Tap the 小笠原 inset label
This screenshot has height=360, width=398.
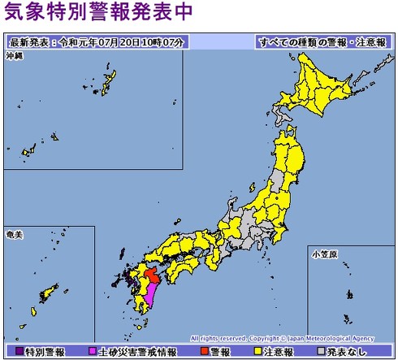322,253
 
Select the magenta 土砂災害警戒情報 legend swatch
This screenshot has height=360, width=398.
93,352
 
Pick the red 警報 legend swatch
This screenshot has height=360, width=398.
203,352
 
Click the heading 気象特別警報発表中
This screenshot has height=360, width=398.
98,13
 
